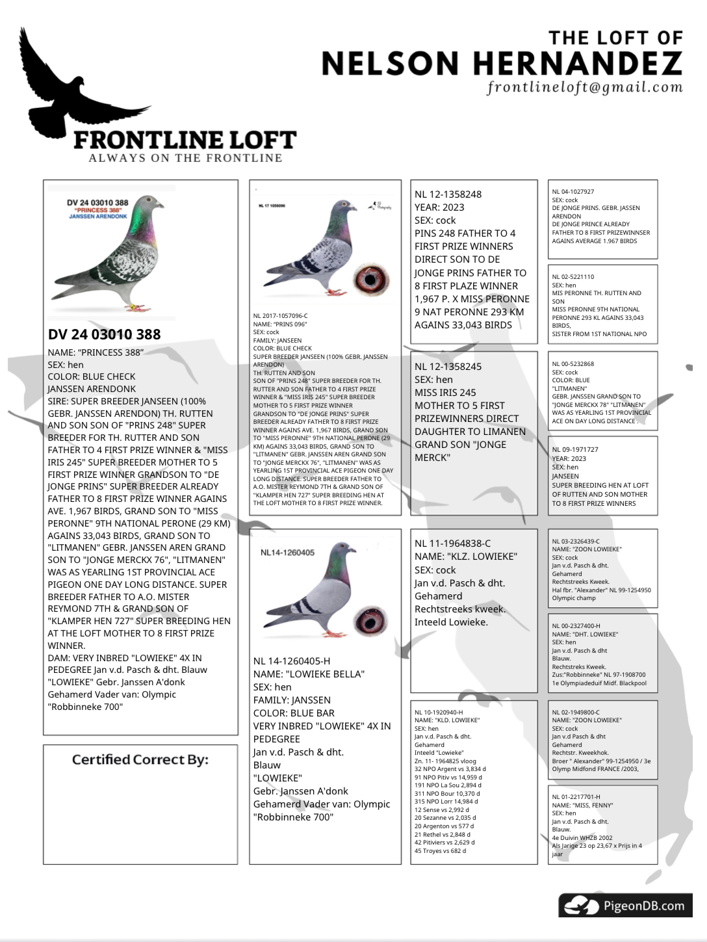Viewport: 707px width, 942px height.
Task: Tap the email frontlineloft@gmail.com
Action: point(585,87)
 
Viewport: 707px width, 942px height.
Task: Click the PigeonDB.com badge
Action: point(625,905)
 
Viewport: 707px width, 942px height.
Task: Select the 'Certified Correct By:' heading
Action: point(140,759)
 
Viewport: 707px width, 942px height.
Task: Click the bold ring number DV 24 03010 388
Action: point(104,334)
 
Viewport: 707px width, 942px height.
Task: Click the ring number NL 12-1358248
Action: point(448,194)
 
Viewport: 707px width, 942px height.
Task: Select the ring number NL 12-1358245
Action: point(448,367)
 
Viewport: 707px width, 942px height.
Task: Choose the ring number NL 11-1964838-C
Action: point(452,543)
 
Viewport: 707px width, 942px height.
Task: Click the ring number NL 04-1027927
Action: point(572,192)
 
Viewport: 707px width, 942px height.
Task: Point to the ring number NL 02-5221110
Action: point(572,277)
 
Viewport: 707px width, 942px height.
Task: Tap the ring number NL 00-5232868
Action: point(572,364)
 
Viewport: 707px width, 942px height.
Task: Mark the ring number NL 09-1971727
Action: point(574,449)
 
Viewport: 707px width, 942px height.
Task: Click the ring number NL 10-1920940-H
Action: point(439,713)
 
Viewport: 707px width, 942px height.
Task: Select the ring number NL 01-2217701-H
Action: point(576,796)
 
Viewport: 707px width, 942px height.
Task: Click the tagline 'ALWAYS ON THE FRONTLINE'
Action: point(185,158)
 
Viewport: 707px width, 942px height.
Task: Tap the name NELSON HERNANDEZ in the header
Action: point(502,64)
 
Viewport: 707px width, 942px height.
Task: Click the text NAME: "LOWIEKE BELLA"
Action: point(309,674)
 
